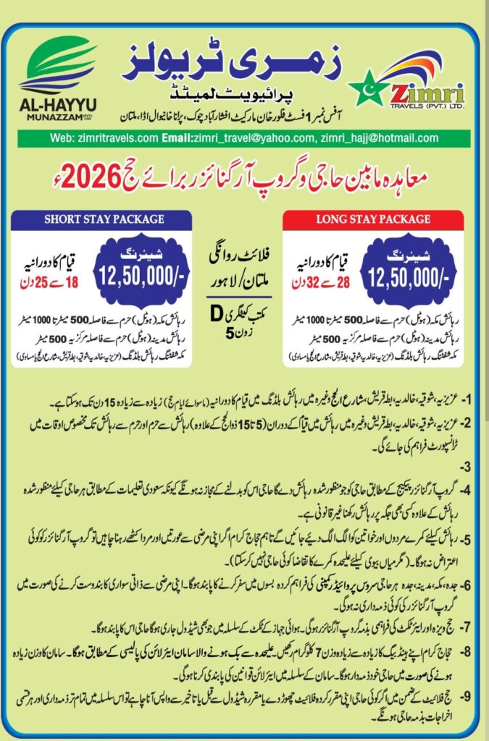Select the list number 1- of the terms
pyautogui.click(x=468, y=400)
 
